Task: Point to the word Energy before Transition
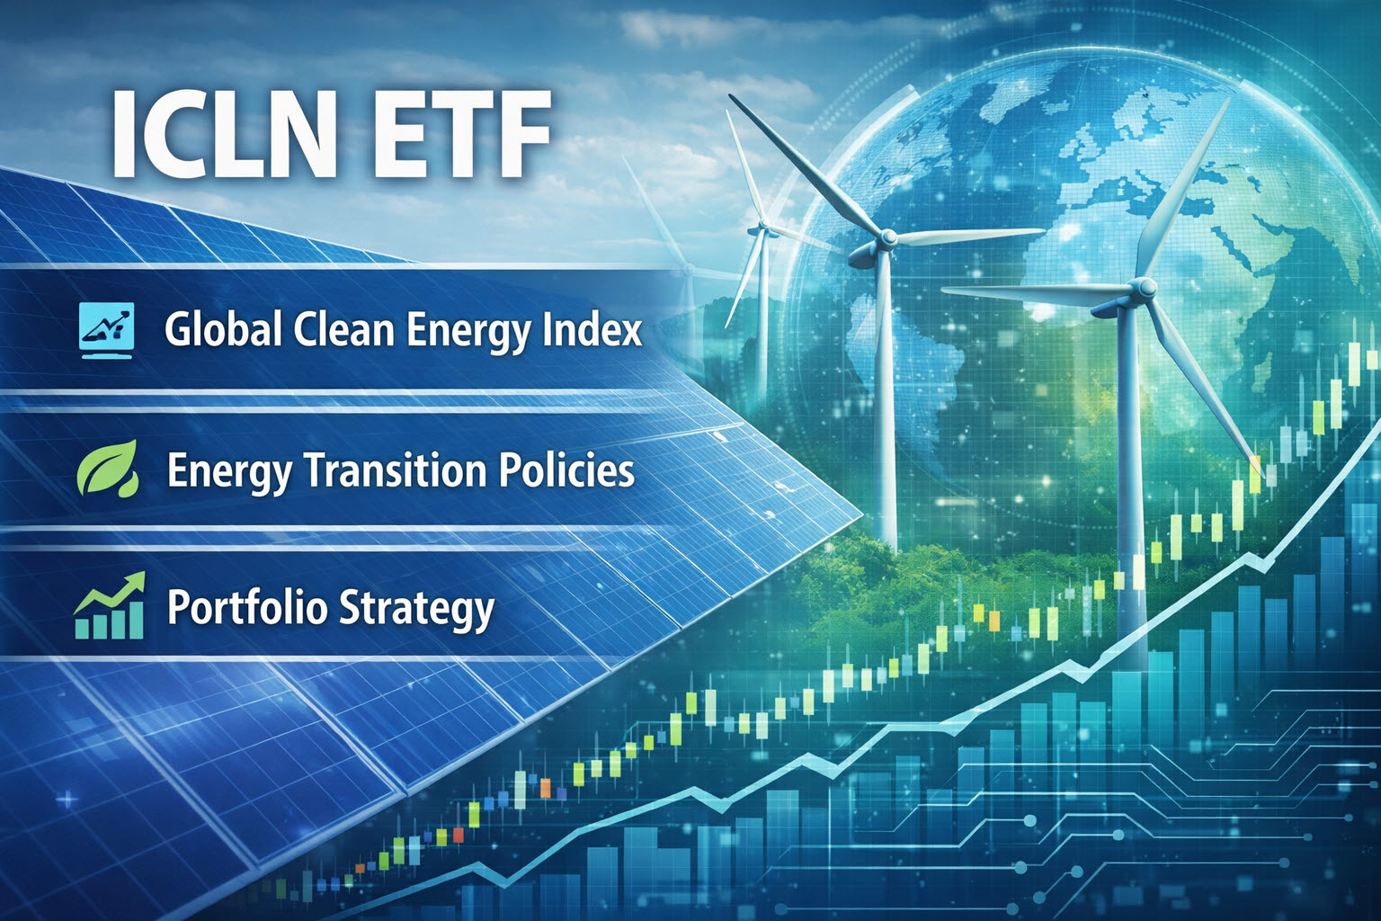227,471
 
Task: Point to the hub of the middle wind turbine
887,238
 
